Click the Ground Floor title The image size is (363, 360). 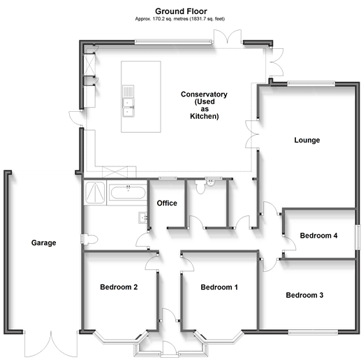181,11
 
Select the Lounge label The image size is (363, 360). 307,140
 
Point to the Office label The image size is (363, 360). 167,203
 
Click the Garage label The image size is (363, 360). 43,243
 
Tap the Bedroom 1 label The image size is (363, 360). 219,287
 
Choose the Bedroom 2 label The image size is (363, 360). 118,287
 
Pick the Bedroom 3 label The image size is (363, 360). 304,295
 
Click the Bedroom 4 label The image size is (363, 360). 319,236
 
